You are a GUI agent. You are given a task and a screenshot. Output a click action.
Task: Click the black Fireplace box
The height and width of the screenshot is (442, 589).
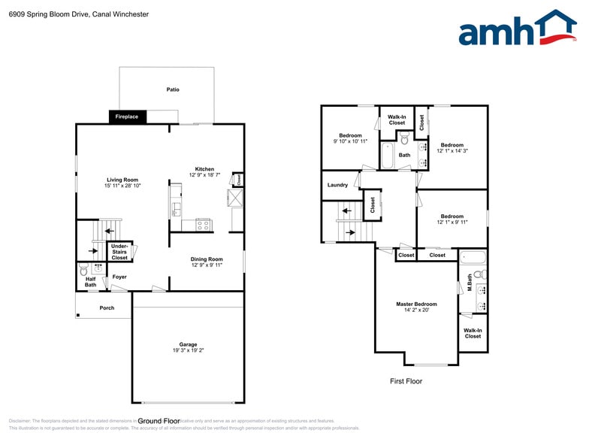(x=127, y=117)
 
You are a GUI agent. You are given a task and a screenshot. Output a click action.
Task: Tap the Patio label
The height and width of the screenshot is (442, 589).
(x=173, y=89)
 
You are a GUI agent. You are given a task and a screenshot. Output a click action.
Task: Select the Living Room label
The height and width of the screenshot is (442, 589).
(x=122, y=180)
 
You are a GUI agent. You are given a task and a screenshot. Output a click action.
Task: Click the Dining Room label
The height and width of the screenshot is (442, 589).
(x=207, y=259)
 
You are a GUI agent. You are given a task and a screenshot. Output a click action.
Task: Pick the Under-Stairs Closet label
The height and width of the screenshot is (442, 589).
(x=119, y=252)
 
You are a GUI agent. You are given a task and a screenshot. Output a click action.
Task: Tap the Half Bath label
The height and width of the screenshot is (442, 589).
(x=90, y=281)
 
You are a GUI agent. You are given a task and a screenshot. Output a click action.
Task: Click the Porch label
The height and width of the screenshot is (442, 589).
(x=107, y=307)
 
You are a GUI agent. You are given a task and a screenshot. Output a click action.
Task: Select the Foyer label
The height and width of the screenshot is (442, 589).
(x=119, y=277)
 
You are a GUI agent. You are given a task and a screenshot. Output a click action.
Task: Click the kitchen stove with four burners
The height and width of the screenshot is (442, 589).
(x=204, y=223)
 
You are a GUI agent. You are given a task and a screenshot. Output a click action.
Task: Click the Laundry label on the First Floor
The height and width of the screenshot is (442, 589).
(x=337, y=185)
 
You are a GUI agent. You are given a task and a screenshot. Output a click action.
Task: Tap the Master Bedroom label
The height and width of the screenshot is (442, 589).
(x=416, y=304)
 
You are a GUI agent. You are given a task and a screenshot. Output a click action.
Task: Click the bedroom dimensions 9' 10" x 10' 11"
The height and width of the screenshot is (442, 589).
(x=350, y=141)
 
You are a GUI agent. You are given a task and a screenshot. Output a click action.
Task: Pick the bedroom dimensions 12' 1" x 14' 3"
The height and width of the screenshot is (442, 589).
(x=452, y=150)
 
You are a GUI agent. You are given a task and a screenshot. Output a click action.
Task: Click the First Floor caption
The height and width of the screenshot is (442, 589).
(x=406, y=381)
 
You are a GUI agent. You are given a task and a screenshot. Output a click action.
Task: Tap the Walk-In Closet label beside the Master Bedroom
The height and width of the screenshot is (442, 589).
(x=473, y=333)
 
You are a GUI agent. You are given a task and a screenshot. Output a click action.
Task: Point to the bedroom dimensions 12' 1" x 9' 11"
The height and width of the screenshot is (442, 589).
(x=451, y=222)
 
